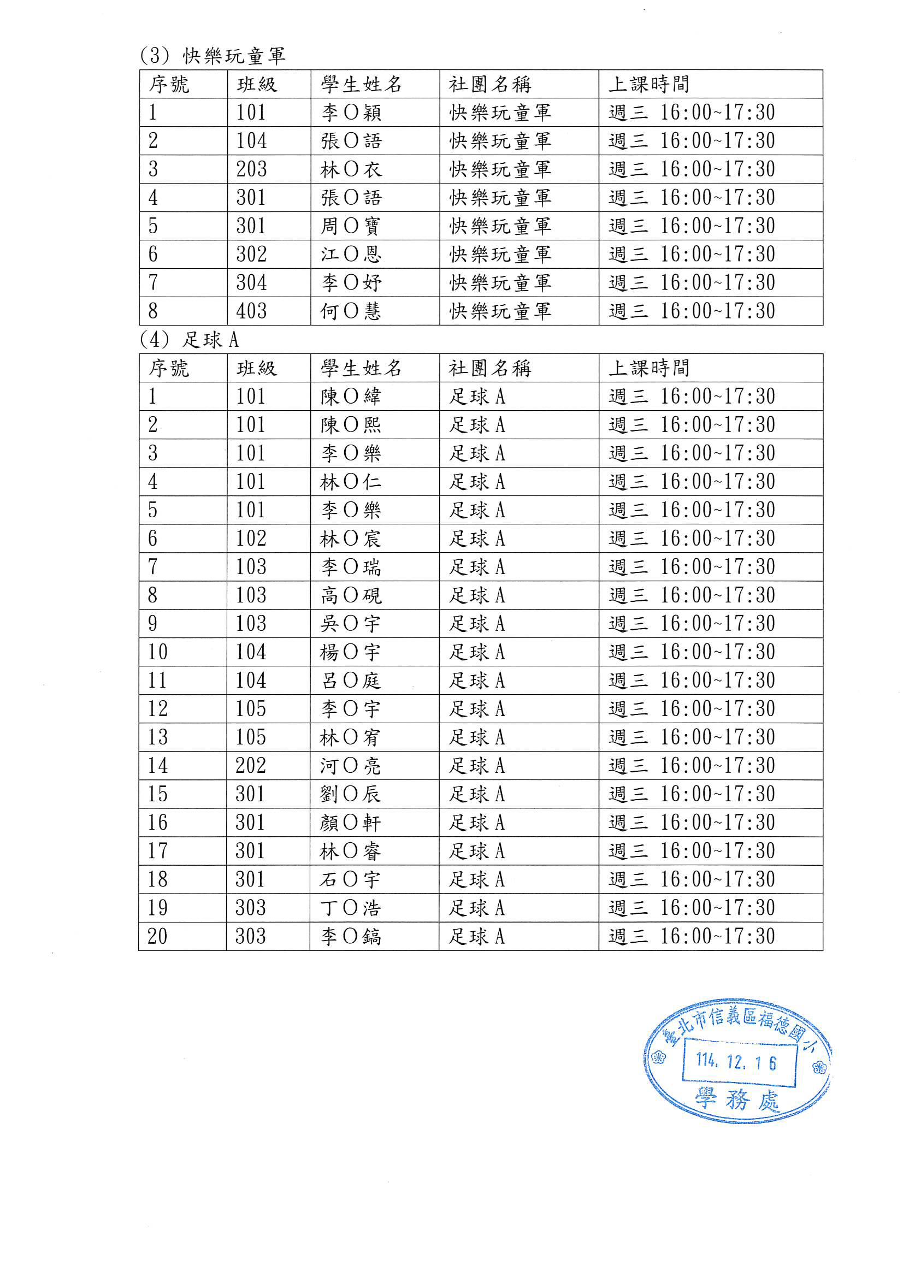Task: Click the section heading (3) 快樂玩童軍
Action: [x=213, y=56]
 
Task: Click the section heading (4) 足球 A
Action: [x=189, y=339]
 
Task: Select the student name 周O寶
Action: [x=351, y=226]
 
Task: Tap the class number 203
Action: [x=251, y=169]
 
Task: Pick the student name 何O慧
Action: [x=351, y=311]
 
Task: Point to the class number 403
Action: [x=251, y=311]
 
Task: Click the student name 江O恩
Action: [x=351, y=254]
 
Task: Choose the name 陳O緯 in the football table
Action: [x=351, y=397]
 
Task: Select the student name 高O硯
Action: [x=351, y=595]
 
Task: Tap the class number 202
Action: [x=251, y=766]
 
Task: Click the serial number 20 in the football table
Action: [x=157, y=937]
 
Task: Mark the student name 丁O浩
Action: [x=351, y=908]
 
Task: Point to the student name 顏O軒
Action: [x=351, y=823]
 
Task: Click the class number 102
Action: [x=251, y=539]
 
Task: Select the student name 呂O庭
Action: [x=351, y=680]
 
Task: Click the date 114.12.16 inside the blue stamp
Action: [x=735, y=1062]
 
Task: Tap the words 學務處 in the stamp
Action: [x=737, y=1099]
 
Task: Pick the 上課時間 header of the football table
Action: [x=649, y=368]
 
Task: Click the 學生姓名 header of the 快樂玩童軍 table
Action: [x=361, y=85]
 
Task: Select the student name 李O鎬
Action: [x=351, y=937]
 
